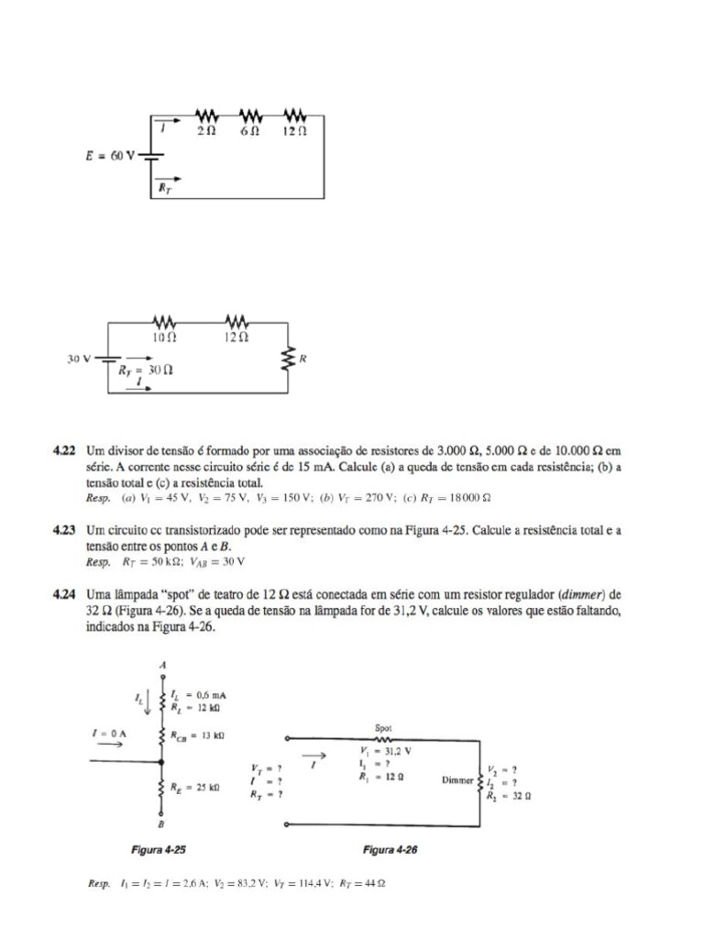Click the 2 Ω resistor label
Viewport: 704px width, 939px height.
click(206, 131)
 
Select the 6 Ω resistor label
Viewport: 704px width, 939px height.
click(250, 131)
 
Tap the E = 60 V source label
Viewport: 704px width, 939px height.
click(104, 156)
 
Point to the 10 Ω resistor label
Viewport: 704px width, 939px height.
click(164, 337)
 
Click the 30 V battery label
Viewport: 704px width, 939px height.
click(79, 359)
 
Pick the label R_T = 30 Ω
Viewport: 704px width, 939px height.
click(146, 370)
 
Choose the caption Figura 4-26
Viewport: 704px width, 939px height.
click(390, 850)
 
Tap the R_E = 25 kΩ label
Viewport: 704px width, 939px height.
click(194, 787)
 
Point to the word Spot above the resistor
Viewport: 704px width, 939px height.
click(384, 727)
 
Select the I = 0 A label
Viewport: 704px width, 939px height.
click(108, 735)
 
